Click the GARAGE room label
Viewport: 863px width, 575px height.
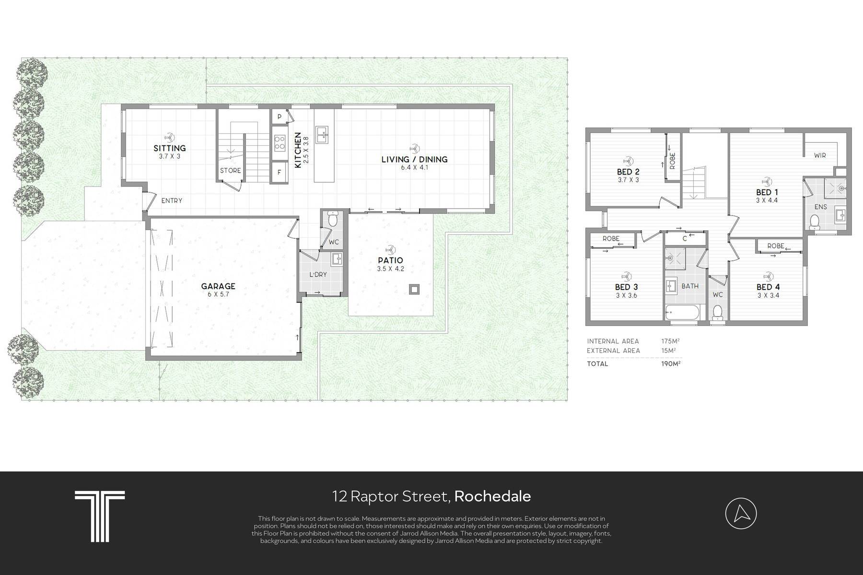click(218, 286)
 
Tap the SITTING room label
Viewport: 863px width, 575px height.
click(170, 148)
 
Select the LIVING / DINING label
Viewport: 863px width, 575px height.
click(414, 159)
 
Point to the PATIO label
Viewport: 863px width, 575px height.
click(390, 260)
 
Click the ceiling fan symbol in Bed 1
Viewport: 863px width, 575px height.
click(766, 181)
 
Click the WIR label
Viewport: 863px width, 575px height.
click(820, 155)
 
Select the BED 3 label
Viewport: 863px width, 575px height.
click(626, 287)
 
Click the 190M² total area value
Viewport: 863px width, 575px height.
click(671, 364)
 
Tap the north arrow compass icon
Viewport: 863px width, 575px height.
click(741, 514)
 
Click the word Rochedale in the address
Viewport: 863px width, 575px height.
click(492, 496)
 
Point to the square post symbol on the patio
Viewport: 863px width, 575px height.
click(414, 289)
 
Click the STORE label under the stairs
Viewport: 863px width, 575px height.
click(230, 171)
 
